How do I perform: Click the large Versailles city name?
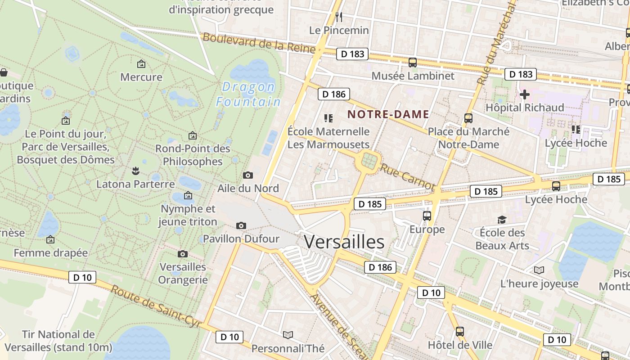click(344, 242)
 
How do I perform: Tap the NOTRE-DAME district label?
click(388, 114)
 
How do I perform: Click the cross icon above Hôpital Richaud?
click(524, 94)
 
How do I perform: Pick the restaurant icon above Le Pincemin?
click(339, 17)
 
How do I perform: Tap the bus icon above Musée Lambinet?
click(412, 63)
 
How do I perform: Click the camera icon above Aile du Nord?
click(247, 175)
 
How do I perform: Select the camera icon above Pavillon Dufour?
click(241, 225)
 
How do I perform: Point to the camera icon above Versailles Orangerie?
click(183, 254)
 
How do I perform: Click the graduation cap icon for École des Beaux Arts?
click(502, 220)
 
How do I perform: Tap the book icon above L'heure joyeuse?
click(539, 270)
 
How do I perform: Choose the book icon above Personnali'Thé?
click(288, 335)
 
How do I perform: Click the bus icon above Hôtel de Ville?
click(459, 332)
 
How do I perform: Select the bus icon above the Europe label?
click(427, 216)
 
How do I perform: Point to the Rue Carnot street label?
click(408, 176)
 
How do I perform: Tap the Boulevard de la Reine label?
click(259, 43)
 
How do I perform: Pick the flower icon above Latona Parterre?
click(135, 171)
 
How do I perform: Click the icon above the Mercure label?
click(141, 64)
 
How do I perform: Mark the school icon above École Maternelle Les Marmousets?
click(328, 118)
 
